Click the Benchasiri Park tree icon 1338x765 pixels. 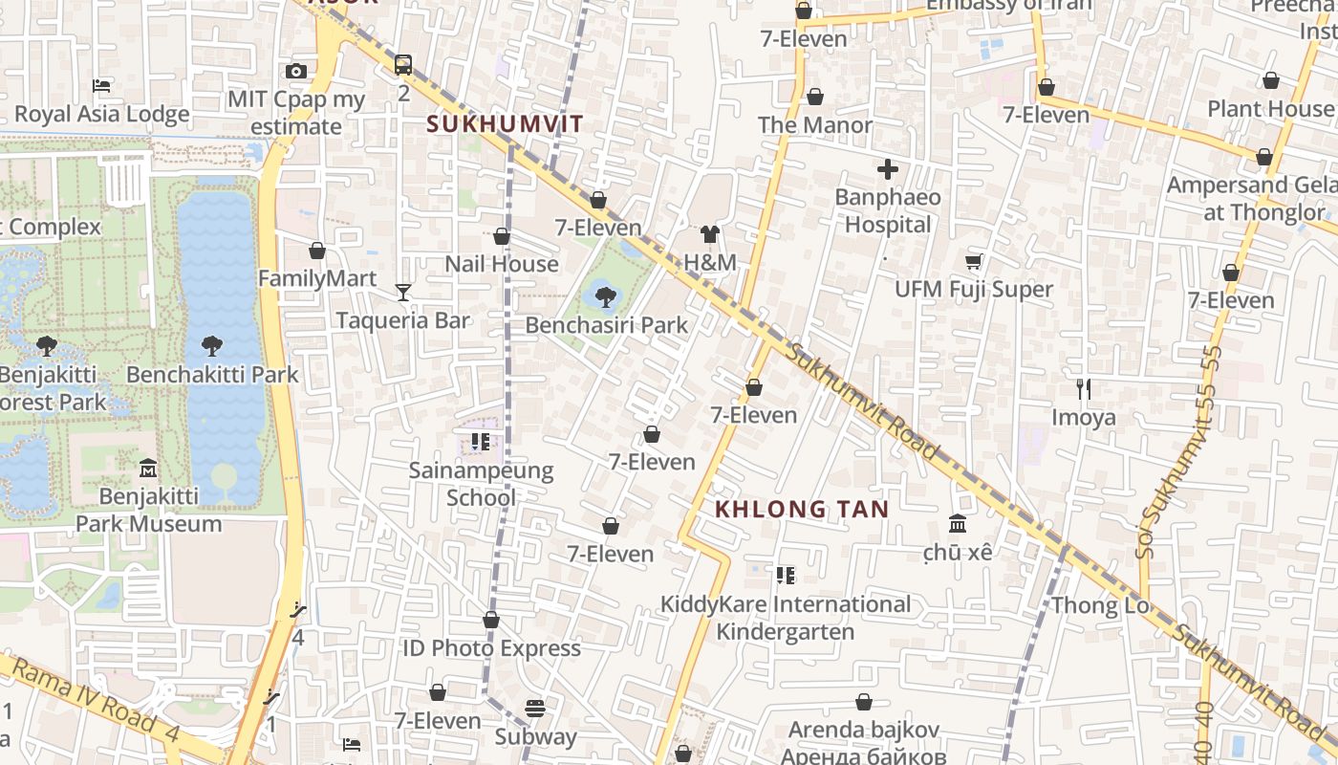pos(605,296)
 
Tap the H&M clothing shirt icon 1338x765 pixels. pos(709,234)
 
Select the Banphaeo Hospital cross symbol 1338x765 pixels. pos(888,169)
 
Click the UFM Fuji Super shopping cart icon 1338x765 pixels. pos(974,261)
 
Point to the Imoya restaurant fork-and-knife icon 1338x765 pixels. pos(1084,389)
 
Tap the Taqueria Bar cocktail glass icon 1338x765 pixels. pos(403,292)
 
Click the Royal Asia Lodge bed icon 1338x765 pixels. pos(101,86)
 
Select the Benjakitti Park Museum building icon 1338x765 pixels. pos(148,469)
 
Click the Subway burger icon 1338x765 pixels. pos(535,709)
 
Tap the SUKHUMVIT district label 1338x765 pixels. pos(505,124)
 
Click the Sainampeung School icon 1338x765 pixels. pos(481,442)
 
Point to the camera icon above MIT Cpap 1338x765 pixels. pos(296,71)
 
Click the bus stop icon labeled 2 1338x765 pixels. pos(403,65)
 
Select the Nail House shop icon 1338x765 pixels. pos(502,236)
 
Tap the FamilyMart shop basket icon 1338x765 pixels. pos(317,251)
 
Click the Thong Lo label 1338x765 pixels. pos(1100,605)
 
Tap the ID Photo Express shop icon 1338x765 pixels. pos(491,621)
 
